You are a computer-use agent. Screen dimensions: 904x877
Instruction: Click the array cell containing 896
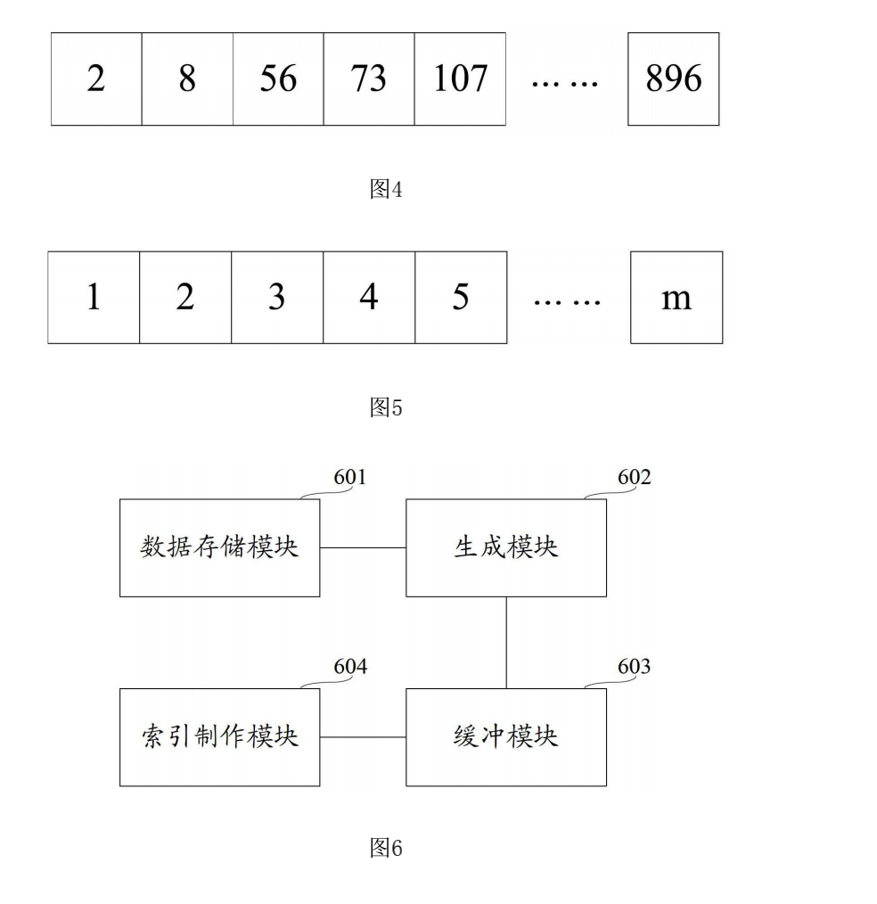click(673, 79)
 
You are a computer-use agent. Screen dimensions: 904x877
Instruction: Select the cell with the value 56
click(278, 79)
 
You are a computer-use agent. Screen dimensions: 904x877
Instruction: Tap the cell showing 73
click(369, 79)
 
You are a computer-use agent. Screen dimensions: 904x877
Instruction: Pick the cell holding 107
click(460, 79)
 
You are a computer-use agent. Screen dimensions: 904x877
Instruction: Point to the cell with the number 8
click(187, 79)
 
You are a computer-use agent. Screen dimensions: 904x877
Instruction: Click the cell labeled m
click(676, 298)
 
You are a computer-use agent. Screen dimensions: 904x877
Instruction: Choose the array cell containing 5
click(461, 298)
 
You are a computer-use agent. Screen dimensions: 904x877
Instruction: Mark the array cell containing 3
click(277, 298)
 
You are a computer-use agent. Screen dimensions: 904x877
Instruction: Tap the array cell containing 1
click(94, 298)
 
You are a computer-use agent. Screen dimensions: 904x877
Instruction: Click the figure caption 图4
click(386, 189)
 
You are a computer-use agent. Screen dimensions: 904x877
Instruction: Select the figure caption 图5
click(386, 407)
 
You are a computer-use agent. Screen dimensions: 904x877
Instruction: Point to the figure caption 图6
click(386, 849)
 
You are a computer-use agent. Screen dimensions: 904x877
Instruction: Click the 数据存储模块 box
click(219, 547)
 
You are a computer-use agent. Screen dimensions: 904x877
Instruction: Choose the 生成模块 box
click(506, 547)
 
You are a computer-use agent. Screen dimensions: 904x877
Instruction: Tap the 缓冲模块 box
click(506, 737)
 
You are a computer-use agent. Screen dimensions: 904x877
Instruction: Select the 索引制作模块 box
click(219, 737)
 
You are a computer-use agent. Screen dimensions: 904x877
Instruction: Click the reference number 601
click(350, 478)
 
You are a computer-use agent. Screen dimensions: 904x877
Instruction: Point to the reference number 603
click(634, 667)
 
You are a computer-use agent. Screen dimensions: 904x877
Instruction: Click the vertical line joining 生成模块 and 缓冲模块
click(506, 642)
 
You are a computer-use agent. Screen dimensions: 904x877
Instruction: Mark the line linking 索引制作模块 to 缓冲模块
click(363, 737)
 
